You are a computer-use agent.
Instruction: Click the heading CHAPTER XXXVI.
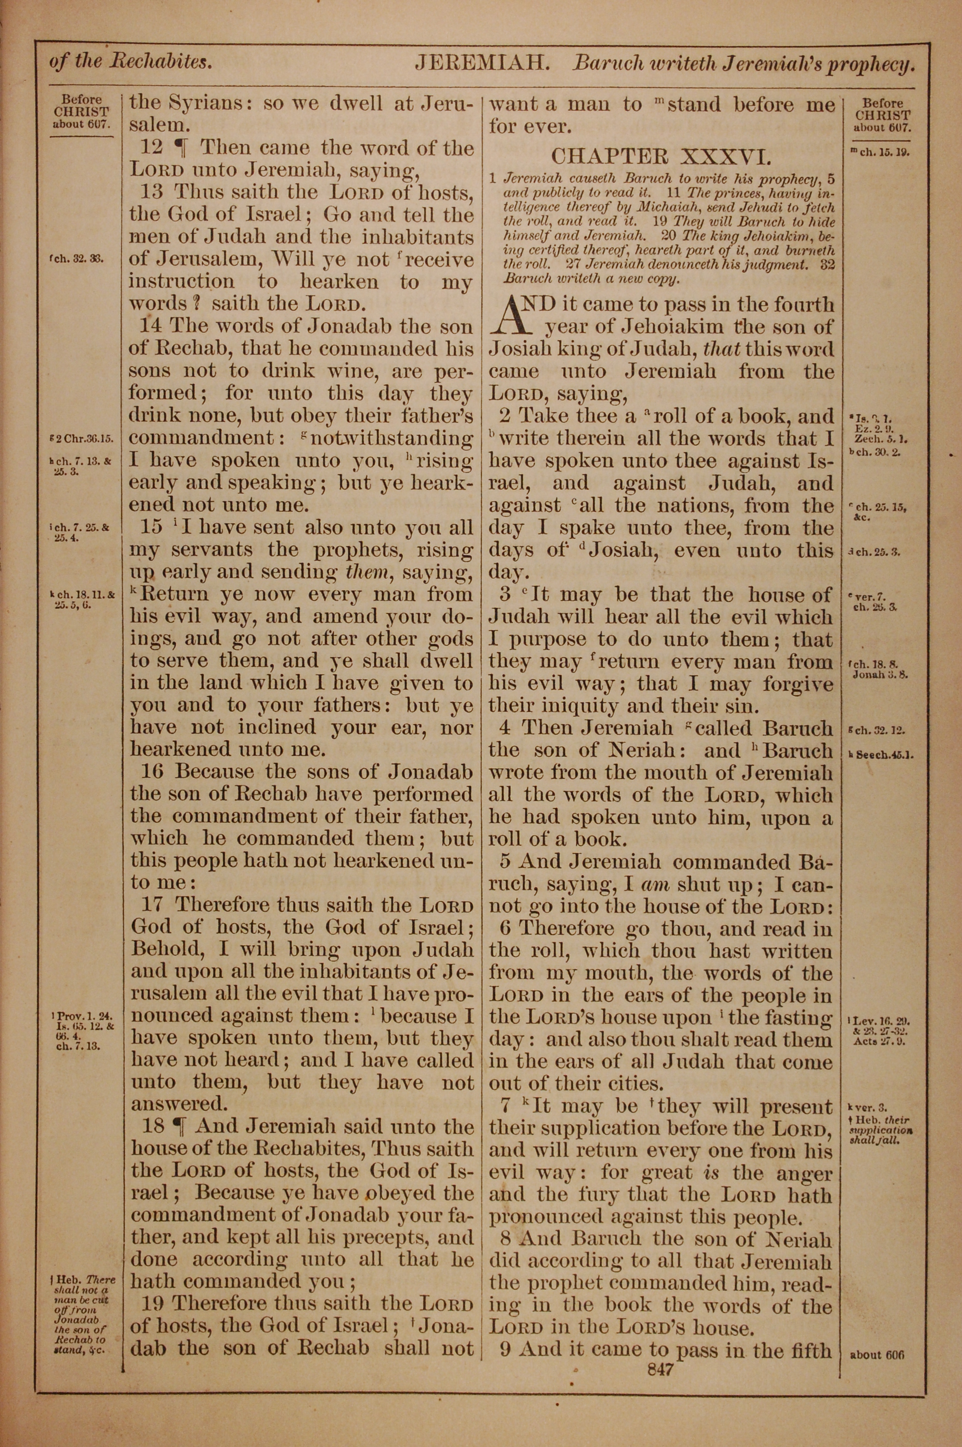(660, 156)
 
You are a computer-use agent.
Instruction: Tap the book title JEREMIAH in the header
(481, 63)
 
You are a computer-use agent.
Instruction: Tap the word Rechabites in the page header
(163, 63)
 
